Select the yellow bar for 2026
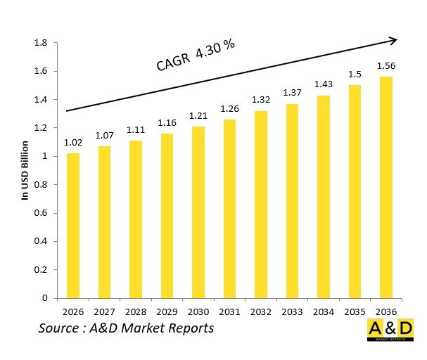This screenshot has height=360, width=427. click(x=73, y=225)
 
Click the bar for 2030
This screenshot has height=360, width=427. click(x=198, y=212)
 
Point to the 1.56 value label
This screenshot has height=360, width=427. click(x=386, y=66)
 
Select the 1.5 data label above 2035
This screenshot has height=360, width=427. click(x=355, y=75)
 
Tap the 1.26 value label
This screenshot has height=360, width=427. click(x=230, y=109)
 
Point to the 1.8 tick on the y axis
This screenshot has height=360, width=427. click(x=41, y=44)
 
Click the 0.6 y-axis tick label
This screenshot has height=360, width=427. click(x=41, y=213)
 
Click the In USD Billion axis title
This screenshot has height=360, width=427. click(x=24, y=171)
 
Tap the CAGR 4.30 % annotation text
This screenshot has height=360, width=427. click(x=195, y=56)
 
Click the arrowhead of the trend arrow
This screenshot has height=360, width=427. click(x=392, y=39)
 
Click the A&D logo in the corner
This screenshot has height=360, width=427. click(x=390, y=330)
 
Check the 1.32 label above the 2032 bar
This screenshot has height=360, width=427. click(x=261, y=101)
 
